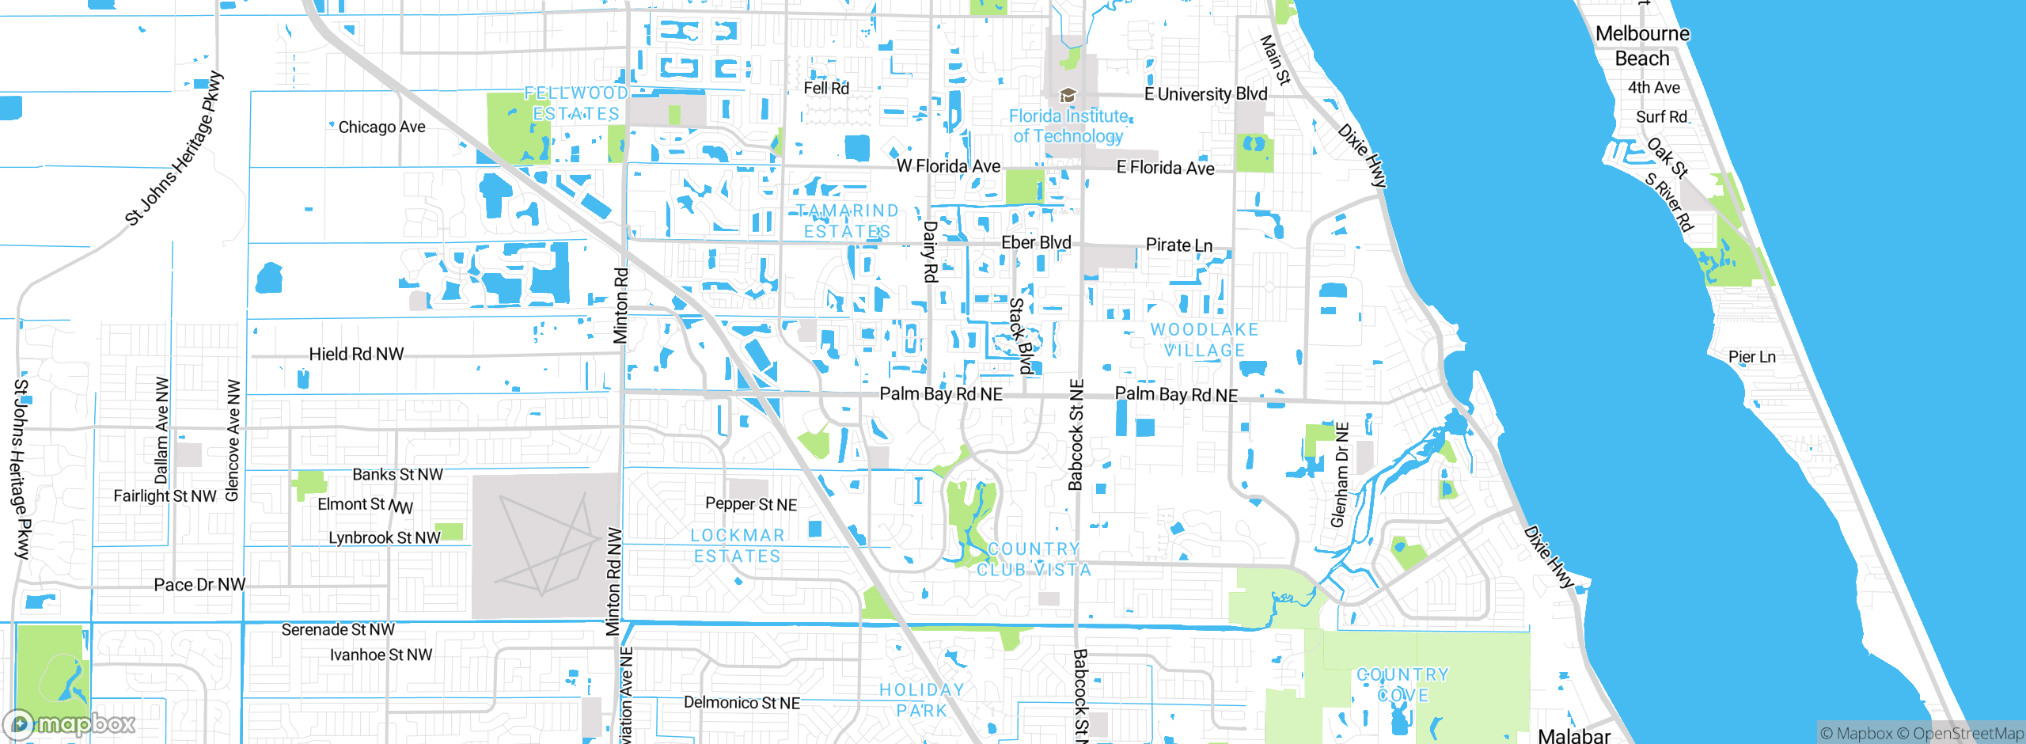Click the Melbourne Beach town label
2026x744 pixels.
coord(1642,46)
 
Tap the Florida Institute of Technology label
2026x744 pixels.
coord(1068,127)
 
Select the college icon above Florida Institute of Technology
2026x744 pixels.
coord(1068,96)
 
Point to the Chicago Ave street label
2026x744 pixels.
coord(381,127)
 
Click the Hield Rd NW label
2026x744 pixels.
coord(356,355)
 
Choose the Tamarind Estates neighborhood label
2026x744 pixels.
coord(848,222)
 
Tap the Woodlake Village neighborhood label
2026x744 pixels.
coord(1205,340)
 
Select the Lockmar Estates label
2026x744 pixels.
coord(738,546)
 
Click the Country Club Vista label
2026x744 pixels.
coord(1034,560)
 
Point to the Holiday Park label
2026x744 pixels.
coord(922,700)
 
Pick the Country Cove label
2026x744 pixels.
coord(1403,685)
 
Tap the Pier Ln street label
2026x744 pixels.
coord(1752,357)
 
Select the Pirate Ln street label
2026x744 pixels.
coord(1179,245)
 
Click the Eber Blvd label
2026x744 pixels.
coord(1036,243)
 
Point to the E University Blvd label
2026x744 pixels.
coord(1205,94)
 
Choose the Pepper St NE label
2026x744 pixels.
coord(751,504)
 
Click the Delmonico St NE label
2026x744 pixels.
coord(742,703)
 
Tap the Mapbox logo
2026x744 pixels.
coord(70,723)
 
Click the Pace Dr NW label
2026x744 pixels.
coord(199,585)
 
